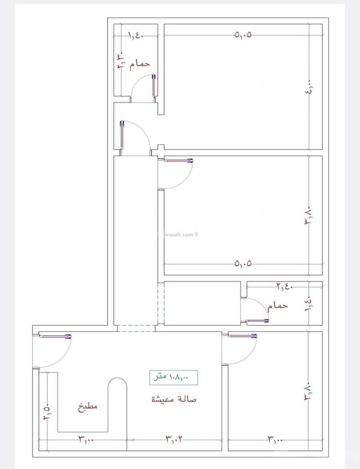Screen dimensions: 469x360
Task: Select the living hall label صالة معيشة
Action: coord(174,399)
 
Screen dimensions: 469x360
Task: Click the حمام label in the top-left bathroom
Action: coord(139,64)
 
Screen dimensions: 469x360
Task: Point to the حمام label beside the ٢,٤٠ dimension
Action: coord(278,306)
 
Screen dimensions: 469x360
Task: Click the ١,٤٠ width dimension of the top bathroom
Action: coord(135,35)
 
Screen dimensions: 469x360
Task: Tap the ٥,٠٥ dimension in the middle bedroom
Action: coord(243,264)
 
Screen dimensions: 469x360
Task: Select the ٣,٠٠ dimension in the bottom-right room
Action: coord(275,438)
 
